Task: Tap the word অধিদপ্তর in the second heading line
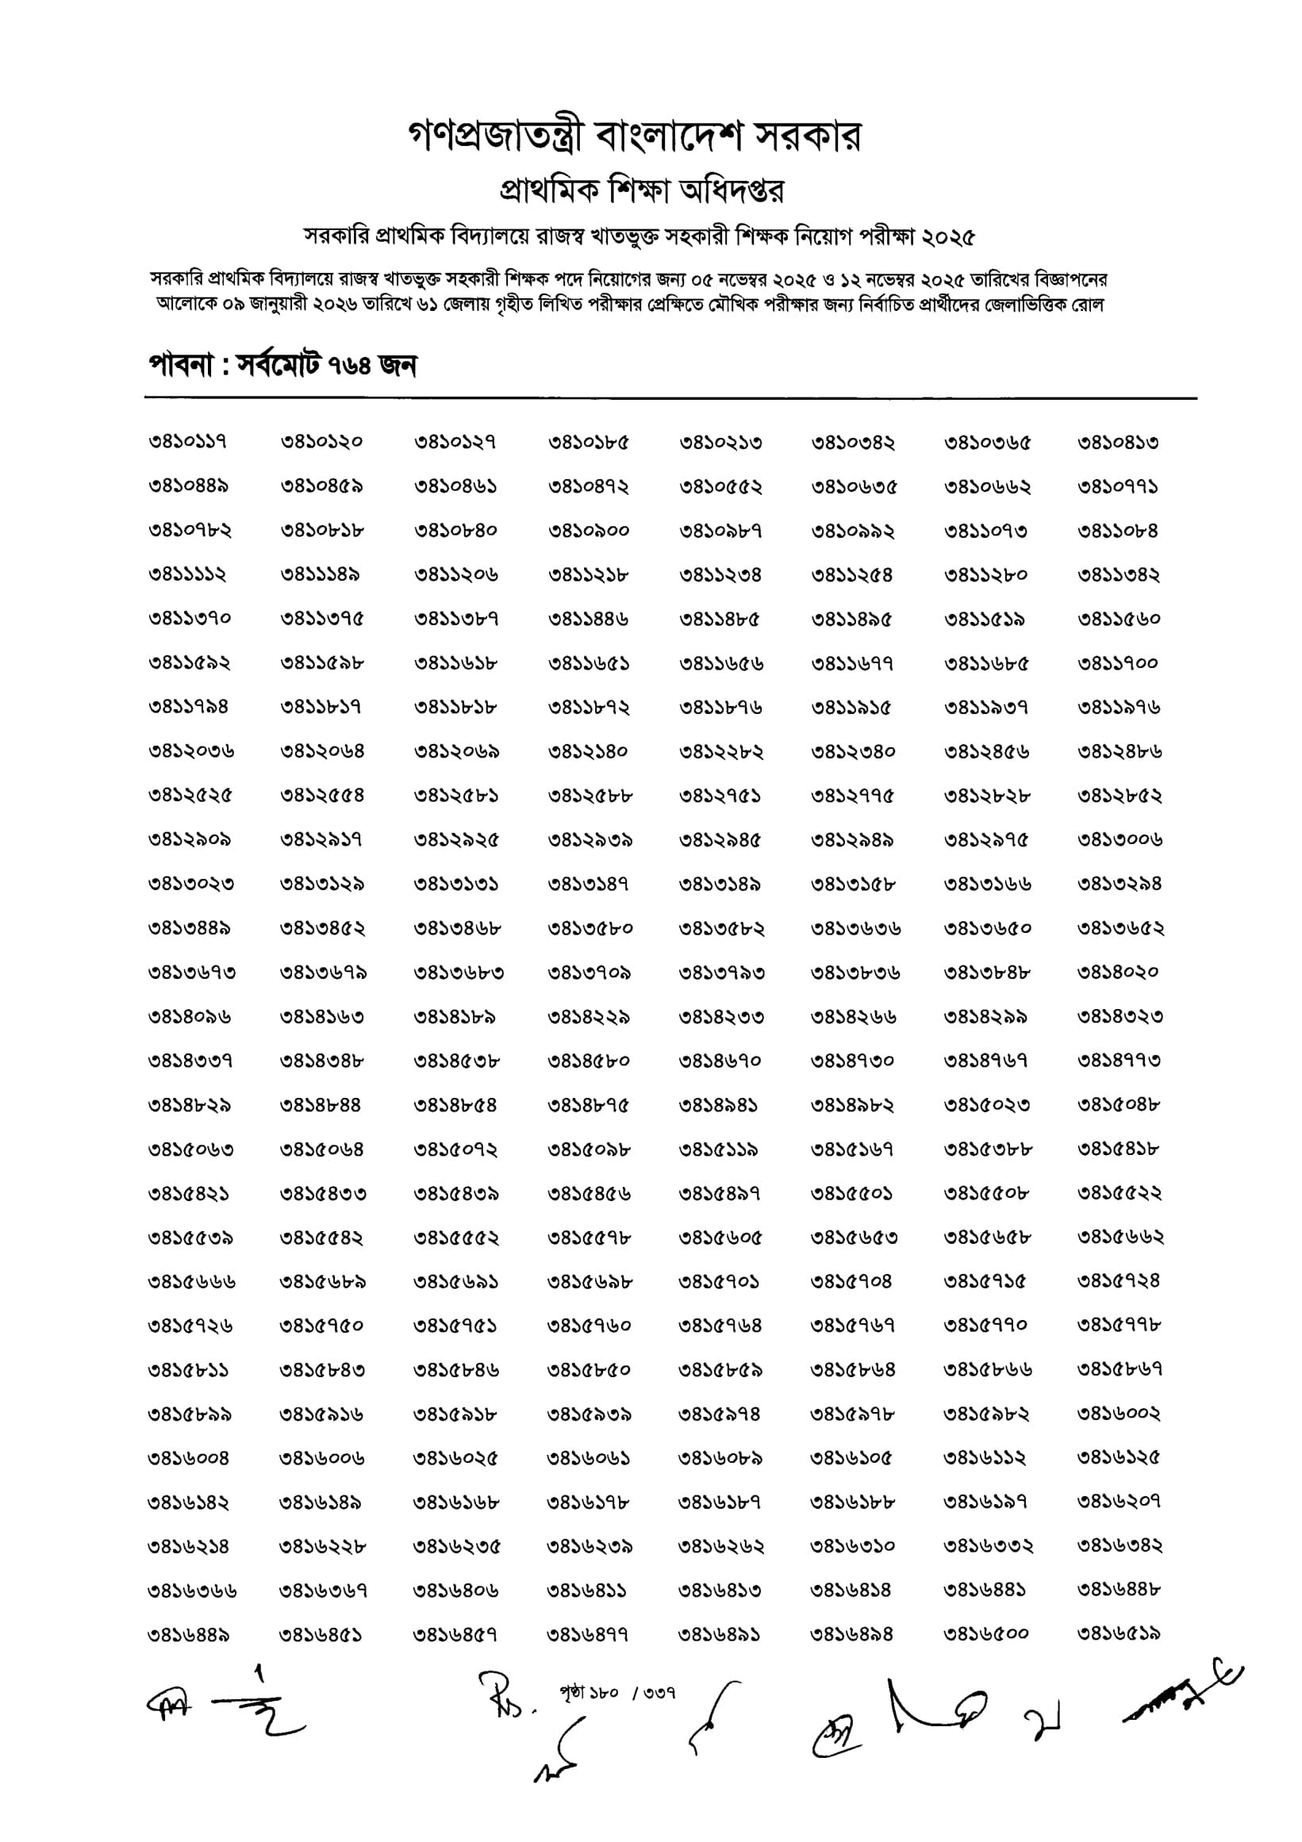731,191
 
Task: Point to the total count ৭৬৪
350,366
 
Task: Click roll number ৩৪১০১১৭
188,442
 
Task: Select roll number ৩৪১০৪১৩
1117,442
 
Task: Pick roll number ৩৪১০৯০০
589,530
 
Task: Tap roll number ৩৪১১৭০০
1117,663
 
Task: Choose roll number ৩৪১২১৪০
589,752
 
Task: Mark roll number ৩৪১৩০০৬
1119,840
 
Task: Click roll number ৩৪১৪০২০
1117,973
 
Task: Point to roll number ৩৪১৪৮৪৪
321,1105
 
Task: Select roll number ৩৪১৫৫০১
852,1193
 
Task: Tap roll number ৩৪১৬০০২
1118,1414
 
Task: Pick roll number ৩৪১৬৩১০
853,1545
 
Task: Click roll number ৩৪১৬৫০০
986,1633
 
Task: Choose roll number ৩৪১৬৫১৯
1118,1633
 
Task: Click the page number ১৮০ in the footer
603,1693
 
